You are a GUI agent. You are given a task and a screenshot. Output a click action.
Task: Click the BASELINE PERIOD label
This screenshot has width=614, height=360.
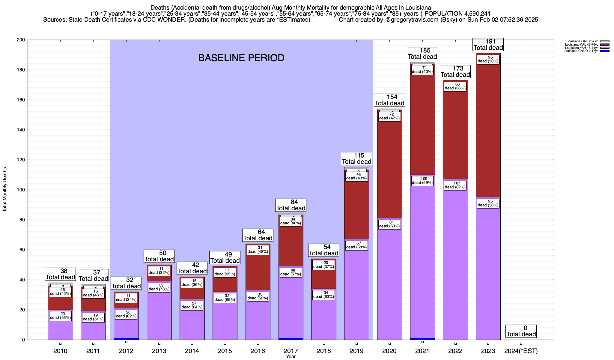pos(241,58)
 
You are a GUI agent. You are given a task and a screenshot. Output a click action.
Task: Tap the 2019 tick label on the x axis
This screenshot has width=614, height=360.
pos(356,351)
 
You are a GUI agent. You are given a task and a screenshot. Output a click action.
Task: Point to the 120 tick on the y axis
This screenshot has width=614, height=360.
pos(22,160)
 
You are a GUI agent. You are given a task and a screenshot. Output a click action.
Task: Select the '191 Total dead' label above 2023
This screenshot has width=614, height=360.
pos(488,45)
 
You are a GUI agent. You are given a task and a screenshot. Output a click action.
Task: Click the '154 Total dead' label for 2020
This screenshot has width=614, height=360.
pos(389,100)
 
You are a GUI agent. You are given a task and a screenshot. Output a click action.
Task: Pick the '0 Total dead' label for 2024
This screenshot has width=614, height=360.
pos(521,331)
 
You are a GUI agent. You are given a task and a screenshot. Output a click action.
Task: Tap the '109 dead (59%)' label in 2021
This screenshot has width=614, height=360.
pos(422,181)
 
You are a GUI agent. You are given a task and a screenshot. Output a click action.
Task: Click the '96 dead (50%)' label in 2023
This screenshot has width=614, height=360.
pos(488,59)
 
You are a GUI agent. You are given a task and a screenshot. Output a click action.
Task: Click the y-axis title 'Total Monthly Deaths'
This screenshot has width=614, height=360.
pos(5,190)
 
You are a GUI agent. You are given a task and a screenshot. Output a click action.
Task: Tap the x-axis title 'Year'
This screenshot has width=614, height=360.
pos(291,357)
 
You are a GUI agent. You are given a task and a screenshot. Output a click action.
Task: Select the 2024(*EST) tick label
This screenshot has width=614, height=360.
pos(521,351)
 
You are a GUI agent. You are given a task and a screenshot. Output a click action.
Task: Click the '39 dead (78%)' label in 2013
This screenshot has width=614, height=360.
pos(159,287)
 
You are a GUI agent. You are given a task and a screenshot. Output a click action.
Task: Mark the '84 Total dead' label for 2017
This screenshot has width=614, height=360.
pos(291,205)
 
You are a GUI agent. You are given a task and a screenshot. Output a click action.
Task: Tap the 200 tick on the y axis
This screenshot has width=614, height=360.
pos(22,40)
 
